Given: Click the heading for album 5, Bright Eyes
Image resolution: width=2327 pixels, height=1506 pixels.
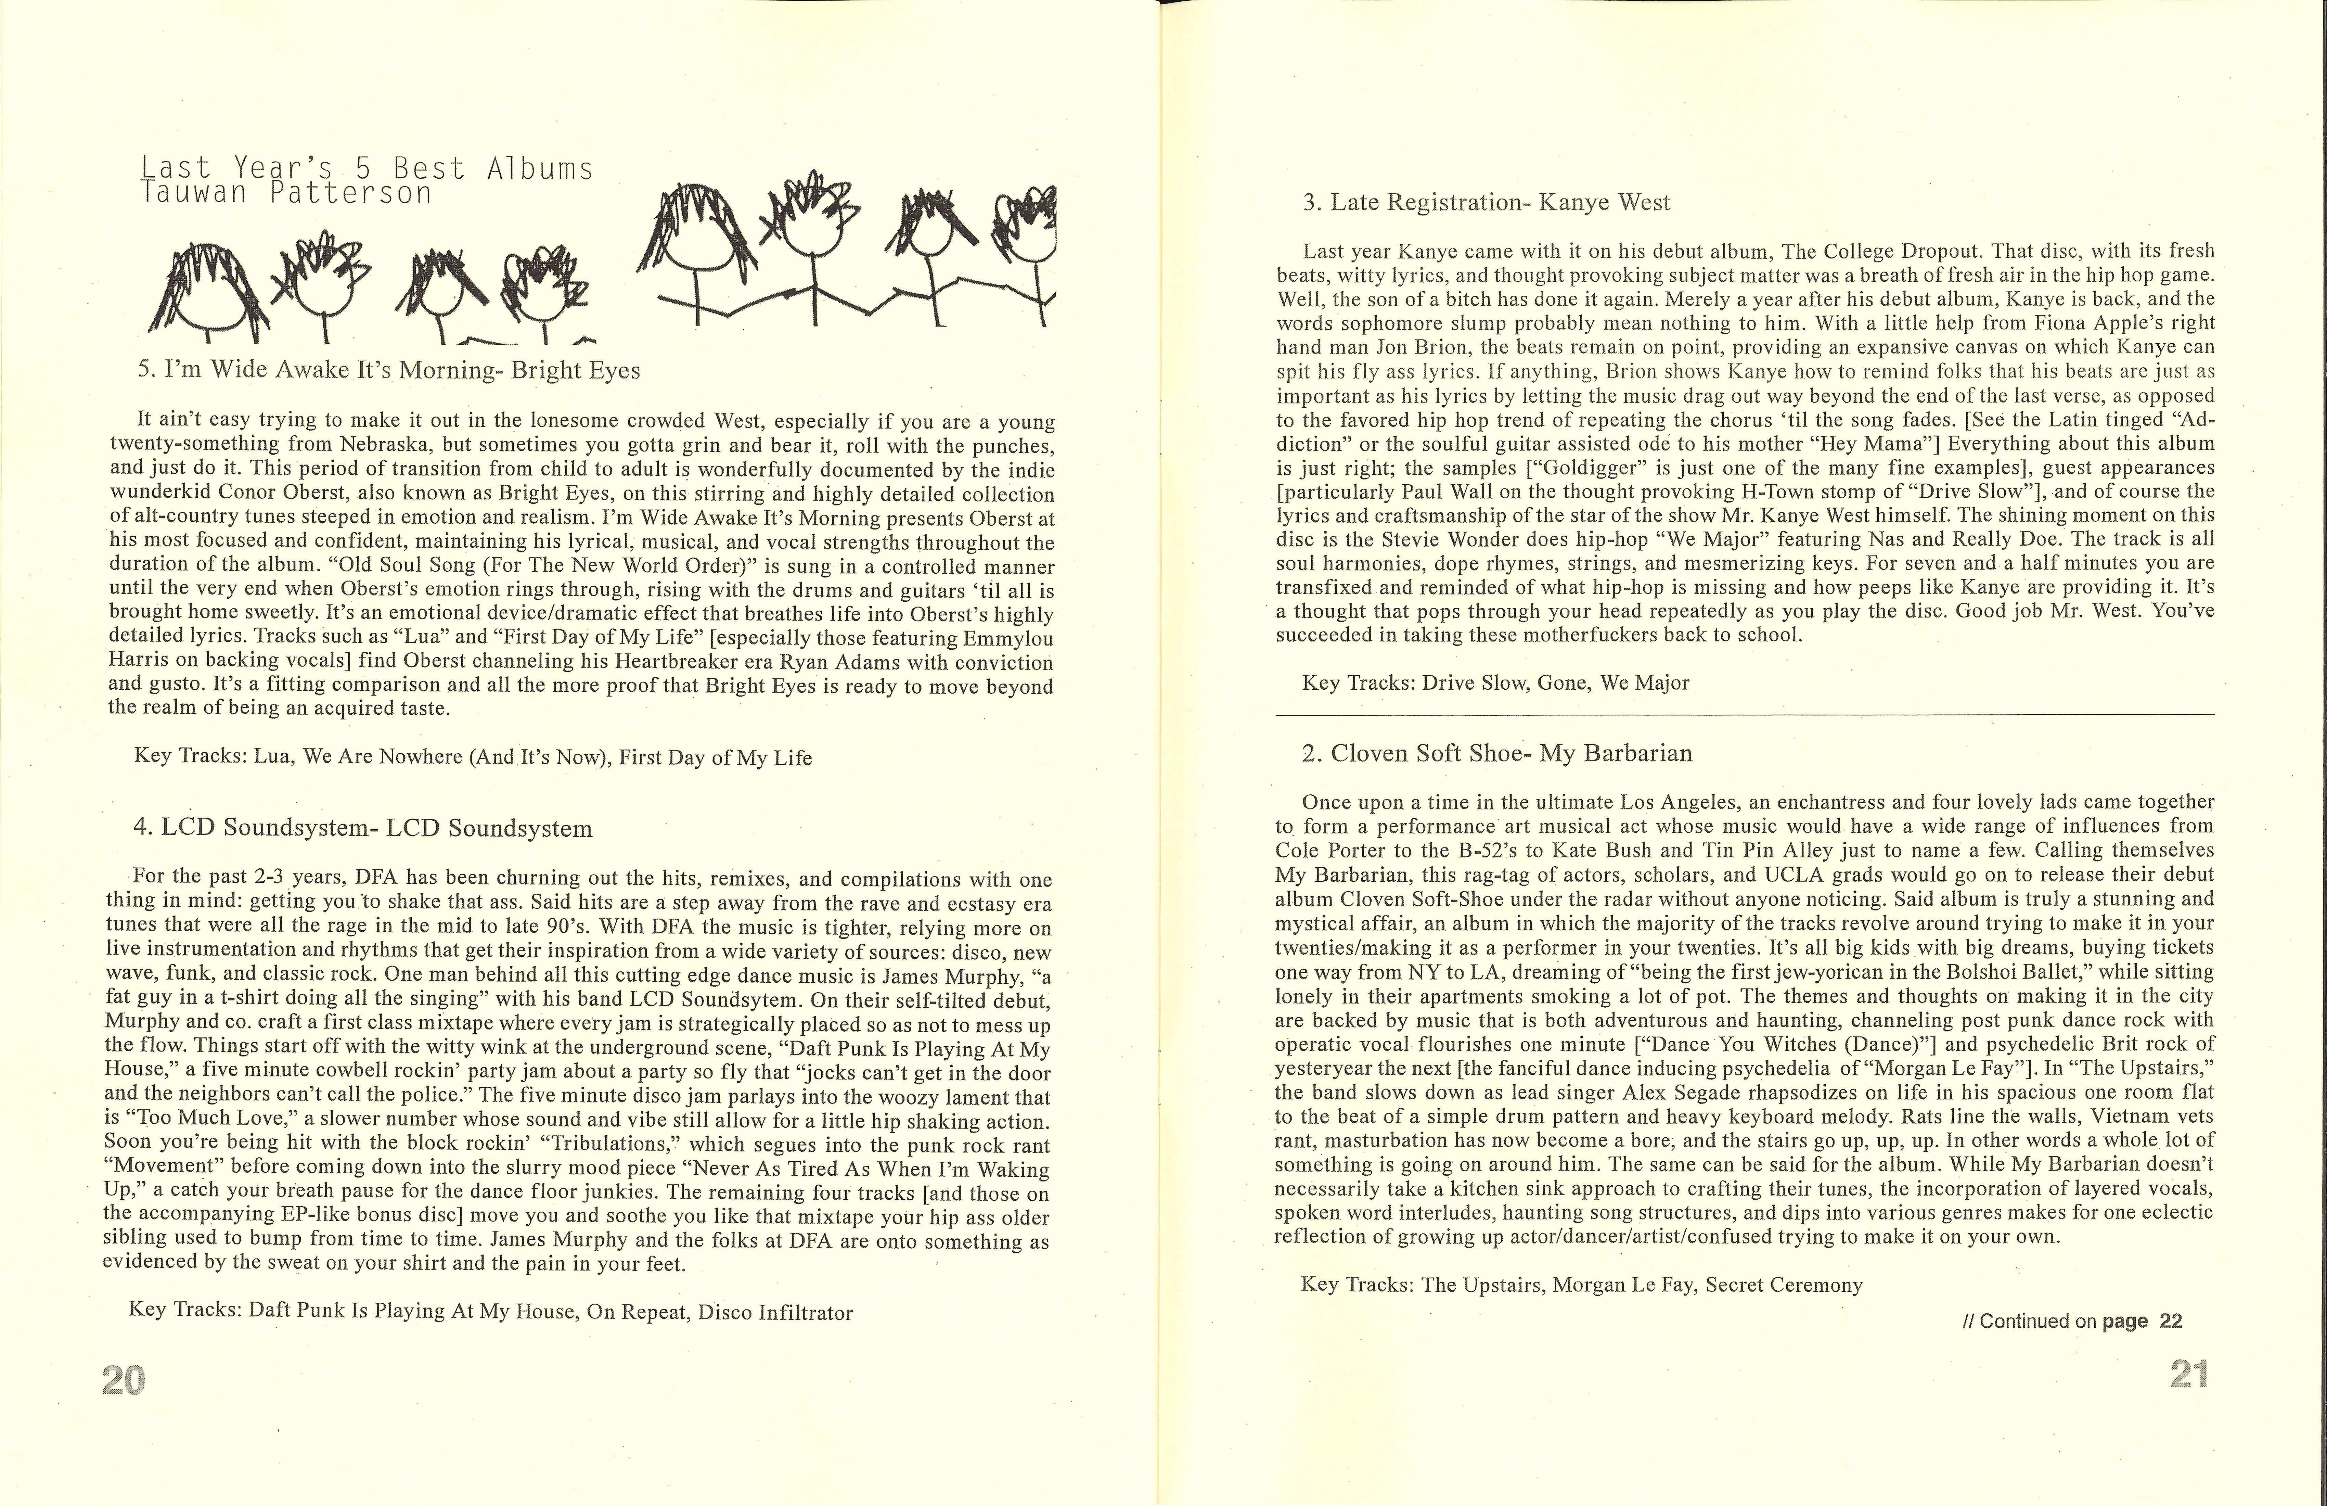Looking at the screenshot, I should click(x=389, y=371).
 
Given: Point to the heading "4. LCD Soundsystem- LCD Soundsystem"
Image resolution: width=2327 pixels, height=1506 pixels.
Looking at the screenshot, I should click(x=363, y=828).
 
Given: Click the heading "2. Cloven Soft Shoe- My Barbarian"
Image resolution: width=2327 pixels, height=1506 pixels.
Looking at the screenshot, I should click(x=1497, y=753).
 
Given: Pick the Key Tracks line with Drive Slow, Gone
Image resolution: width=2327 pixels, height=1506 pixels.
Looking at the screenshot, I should click(x=1495, y=682).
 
